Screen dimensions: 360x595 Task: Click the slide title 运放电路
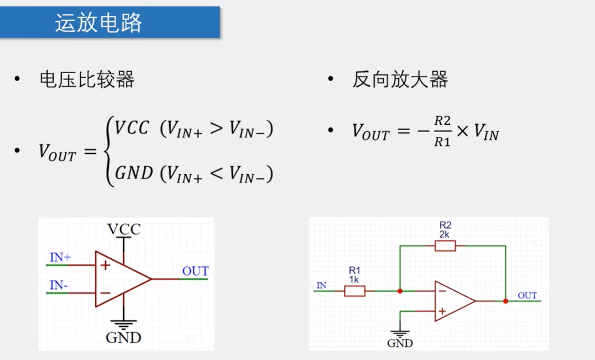tap(98, 23)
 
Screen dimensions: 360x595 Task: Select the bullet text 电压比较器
tap(87, 80)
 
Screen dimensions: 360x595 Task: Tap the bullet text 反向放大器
tap(400, 80)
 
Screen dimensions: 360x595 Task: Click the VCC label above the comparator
tap(124, 229)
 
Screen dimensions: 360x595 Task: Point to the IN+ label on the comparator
tap(60, 257)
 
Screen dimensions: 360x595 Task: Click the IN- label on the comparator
tap(58, 285)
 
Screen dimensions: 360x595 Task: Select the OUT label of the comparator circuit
tap(195, 272)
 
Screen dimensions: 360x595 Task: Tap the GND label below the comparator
tap(124, 337)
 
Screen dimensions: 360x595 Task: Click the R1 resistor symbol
tap(354, 291)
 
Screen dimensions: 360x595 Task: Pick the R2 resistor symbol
tap(445, 245)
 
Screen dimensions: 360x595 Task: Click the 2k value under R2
tap(445, 234)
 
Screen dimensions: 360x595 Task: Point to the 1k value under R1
tap(354, 279)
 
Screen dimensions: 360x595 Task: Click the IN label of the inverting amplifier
tap(321, 286)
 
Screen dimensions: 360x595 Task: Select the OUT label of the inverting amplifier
tap(527, 295)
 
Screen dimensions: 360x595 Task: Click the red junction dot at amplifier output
tap(505, 302)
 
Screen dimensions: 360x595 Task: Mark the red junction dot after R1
tap(400, 291)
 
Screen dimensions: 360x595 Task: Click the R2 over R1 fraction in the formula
tap(442, 132)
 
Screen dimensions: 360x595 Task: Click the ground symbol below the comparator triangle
tap(124, 324)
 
